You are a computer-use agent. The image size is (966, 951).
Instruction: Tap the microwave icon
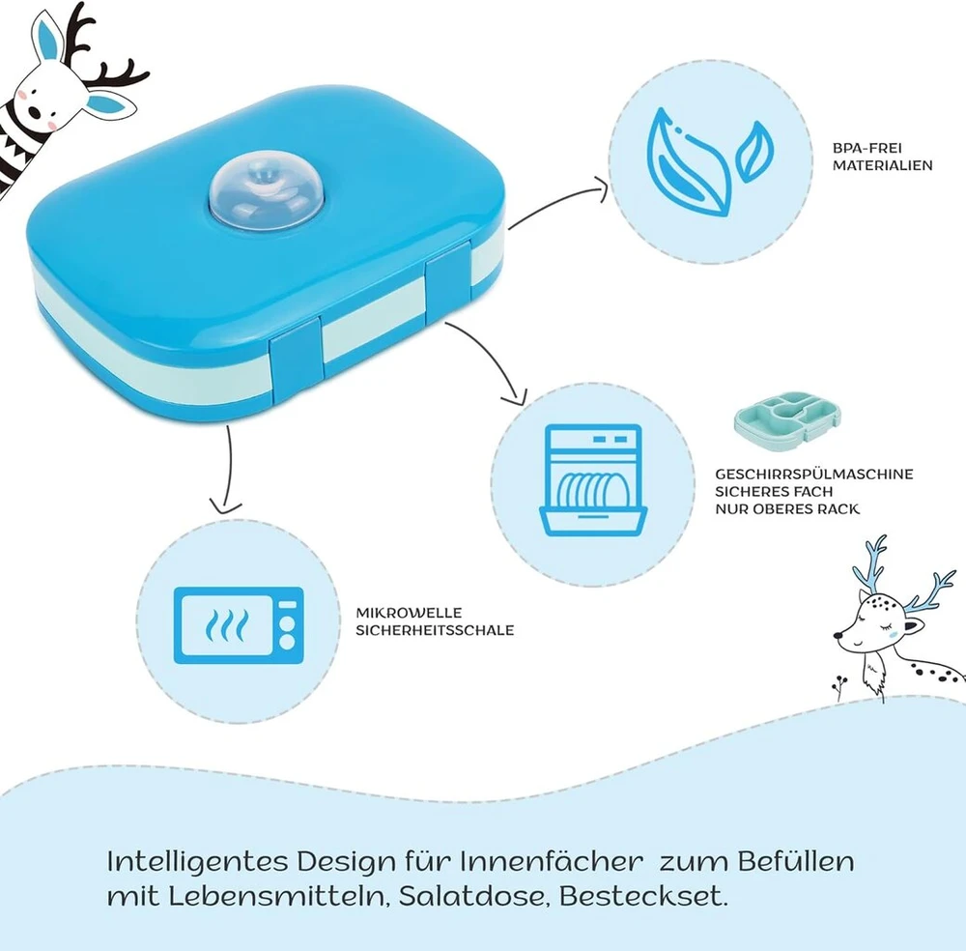coord(239,625)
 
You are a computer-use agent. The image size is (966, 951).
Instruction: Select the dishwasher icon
coord(593,480)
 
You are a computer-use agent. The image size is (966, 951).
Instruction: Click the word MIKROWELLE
coord(409,613)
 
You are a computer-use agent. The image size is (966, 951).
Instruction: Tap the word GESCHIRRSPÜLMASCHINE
coord(813,474)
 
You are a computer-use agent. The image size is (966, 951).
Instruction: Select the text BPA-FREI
coord(867,148)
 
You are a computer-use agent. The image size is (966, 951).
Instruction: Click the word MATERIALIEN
coord(882,165)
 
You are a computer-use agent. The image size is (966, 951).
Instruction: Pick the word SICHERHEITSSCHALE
coord(435,630)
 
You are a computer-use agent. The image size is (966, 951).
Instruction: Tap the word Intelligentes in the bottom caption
coord(198,862)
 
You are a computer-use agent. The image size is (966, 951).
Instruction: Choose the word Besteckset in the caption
coord(643,896)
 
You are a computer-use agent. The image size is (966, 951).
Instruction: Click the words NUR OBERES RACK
coord(786,508)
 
